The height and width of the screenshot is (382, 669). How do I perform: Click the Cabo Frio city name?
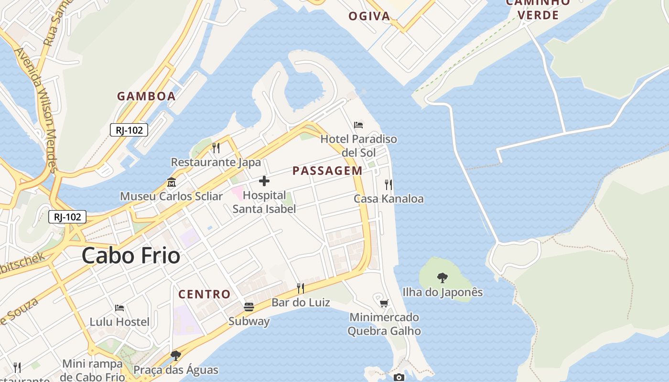pos(131,256)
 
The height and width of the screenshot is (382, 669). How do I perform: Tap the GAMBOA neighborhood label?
pos(146,96)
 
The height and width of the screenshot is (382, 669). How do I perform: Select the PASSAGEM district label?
pos(327,170)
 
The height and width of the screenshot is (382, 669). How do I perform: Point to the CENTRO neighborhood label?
pos(205,294)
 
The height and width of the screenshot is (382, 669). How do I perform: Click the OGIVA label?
pos(369,16)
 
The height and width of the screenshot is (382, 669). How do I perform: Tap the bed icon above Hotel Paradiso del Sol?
pos(358,125)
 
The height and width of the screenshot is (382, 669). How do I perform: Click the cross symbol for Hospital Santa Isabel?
pos(264,181)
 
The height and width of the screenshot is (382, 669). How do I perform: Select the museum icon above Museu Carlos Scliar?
pos(172,182)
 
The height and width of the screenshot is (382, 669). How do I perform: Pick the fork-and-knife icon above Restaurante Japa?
pos(216,148)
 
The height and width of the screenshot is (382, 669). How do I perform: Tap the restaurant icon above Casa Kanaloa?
pos(388,184)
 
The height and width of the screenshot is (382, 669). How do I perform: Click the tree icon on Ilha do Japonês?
pos(442,277)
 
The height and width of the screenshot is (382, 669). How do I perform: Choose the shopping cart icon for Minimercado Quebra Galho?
pos(384,303)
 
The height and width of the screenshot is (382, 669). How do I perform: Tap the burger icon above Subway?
pos(249,307)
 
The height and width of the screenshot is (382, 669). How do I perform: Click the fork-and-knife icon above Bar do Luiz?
pos(301,288)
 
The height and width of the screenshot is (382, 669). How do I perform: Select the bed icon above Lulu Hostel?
pos(119,308)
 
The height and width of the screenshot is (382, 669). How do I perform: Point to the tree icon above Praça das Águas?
pos(176,356)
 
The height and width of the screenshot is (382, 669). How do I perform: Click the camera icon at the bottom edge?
pos(399,378)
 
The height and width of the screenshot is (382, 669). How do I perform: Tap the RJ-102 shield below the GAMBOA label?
pos(129,129)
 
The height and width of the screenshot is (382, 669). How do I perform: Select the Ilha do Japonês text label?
pos(442,292)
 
